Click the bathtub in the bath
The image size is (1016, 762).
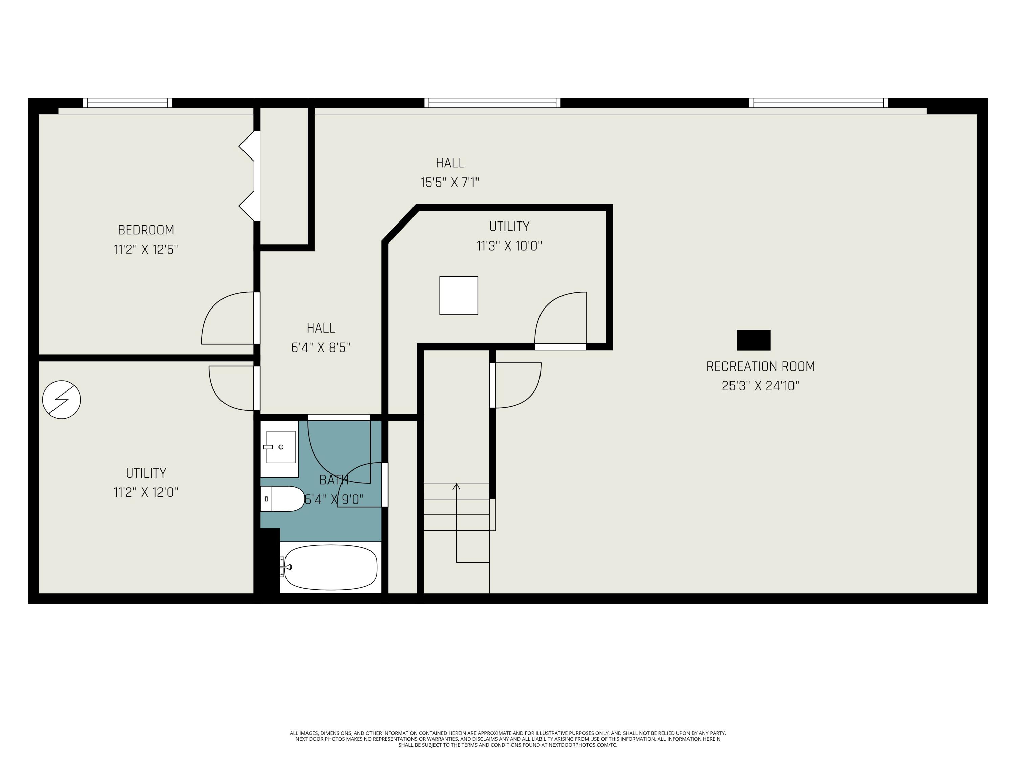[x=331, y=567]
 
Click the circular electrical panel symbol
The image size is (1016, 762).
[x=62, y=400]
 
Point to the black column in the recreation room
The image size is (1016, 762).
[x=753, y=340]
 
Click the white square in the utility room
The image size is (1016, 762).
[x=459, y=295]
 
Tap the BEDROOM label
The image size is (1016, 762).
[x=146, y=230]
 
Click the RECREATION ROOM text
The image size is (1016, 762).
[x=760, y=366]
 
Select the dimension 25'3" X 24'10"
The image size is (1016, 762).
[x=760, y=386]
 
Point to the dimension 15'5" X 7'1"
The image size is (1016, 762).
[x=450, y=182]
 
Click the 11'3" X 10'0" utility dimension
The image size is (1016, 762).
[x=509, y=246]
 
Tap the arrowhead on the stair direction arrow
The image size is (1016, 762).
[x=456, y=486]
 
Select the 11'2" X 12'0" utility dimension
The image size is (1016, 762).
[x=146, y=492]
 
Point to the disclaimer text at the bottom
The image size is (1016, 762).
[x=508, y=739]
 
